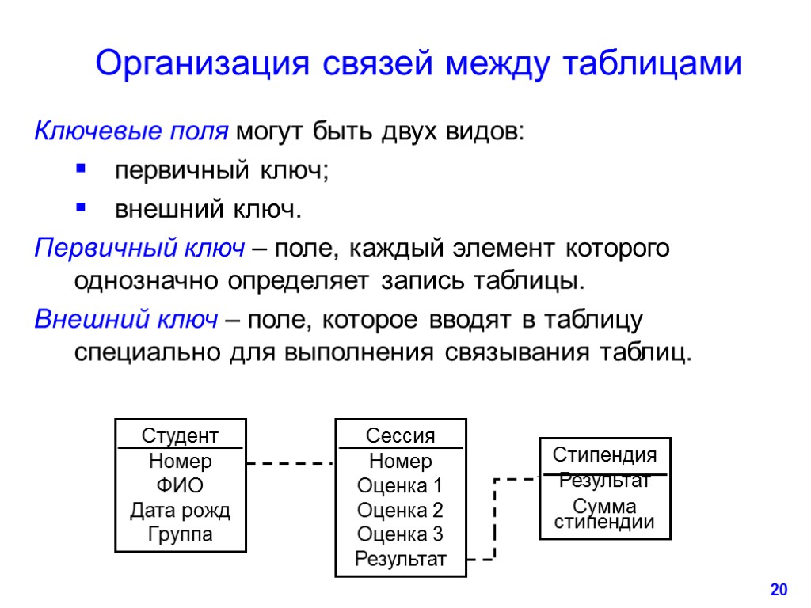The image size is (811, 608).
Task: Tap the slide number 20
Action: coord(779,589)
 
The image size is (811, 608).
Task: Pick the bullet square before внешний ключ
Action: coord(79,208)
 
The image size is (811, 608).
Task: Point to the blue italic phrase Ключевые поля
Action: coord(131,131)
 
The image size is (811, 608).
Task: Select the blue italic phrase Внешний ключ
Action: coord(126,319)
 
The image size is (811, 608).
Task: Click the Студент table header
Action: coord(180,435)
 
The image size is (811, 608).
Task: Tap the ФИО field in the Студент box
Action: coord(180,485)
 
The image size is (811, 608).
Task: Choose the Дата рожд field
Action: coord(180,510)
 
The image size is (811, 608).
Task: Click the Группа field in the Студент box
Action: coord(180,534)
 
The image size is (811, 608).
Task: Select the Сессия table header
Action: coord(400,435)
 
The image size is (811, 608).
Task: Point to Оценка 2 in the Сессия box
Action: coord(400,510)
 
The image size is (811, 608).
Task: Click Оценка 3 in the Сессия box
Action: coord(400,534)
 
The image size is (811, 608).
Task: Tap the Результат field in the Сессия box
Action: coord(400,560)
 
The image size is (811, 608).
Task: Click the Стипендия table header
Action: coord(604,455)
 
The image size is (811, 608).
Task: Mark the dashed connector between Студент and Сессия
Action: coord(290,463)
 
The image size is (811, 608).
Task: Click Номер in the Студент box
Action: coord(180,461)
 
